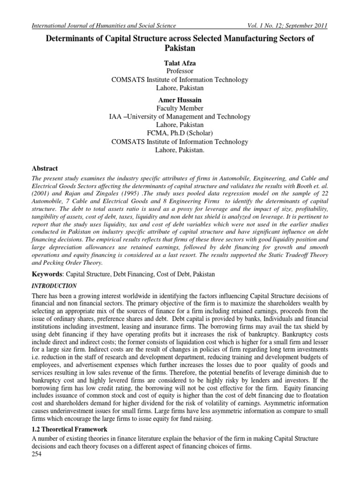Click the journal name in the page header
[x=103, y=25]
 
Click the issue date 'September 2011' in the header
[x=307, y=25]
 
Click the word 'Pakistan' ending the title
[x=180, y=48]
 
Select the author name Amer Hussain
[x=180, y=100]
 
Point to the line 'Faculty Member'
[x=180, y=108]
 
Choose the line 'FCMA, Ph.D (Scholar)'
[x=180, y=134]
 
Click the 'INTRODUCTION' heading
[x=54, y=285]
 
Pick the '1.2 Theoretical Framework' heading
[x=69, y=429]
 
